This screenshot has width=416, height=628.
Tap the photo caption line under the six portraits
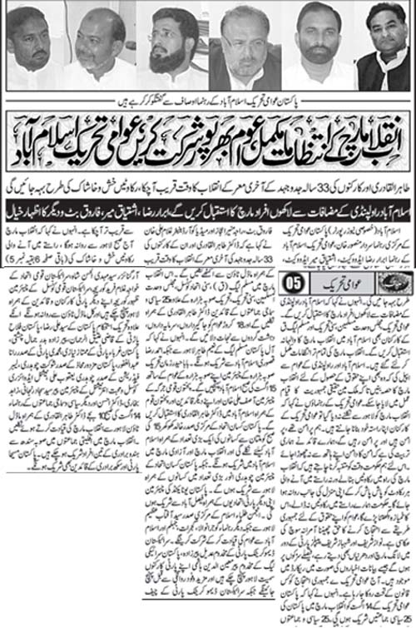coord(208,97)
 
